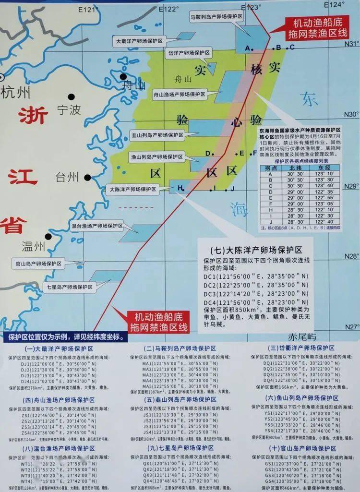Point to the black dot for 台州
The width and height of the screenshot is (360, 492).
pyautogui.click(x=88, y=177)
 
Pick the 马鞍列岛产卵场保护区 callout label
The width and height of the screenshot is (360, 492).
pyautogui.click(x=216, y=16)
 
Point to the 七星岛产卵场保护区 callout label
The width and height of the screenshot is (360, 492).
pyautogui.click(x=68, y=287)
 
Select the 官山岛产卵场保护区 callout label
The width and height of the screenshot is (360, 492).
pyautogui.click(x=38, y=264)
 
